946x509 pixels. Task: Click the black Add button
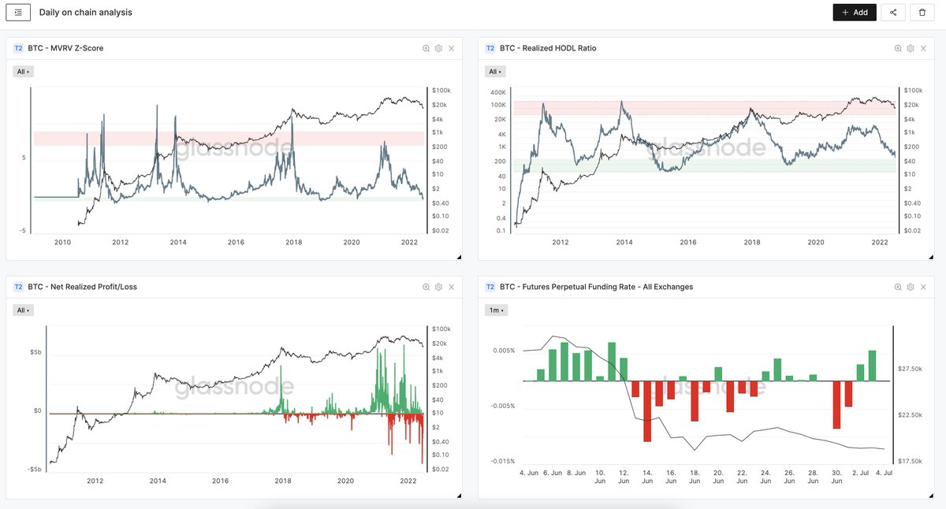tap(855, 13)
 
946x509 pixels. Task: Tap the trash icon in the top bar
tap(922, 13)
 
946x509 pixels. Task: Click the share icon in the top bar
tap(892, 13)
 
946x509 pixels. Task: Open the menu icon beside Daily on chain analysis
tap(18, 13)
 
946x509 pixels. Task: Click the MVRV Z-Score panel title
tap(65, 48)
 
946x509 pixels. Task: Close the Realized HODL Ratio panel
tap(923, 49)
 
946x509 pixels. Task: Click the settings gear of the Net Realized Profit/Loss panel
tap(438, 287)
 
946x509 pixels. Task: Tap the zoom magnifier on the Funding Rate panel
tap(898, 287)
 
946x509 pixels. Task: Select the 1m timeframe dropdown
tap(496, 310)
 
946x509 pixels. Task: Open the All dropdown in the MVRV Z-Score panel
tap(23, 72)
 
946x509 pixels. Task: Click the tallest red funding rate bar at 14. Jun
tap(647, 411)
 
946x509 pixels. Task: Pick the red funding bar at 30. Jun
tap(836, 405)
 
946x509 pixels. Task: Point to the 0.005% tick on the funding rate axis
tap(504, 351)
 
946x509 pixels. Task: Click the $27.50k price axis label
tap(910, 369)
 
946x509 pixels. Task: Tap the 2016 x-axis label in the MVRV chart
tap(236, 242)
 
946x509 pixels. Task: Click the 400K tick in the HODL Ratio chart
tap(498, 92)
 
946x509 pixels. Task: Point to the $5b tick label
tap(36, 352)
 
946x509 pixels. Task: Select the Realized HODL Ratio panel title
tap(548, 48)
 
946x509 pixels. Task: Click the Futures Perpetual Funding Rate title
tap(596, 287)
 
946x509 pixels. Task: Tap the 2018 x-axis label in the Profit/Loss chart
tap(282, 481)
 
